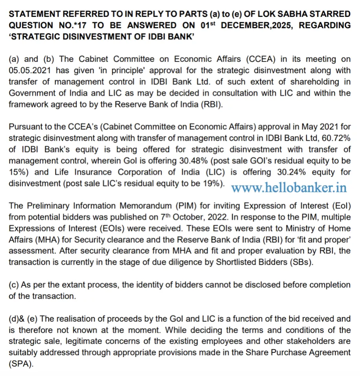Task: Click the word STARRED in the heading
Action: [x=329, y=14]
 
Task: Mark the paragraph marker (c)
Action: [x=13, y=285]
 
